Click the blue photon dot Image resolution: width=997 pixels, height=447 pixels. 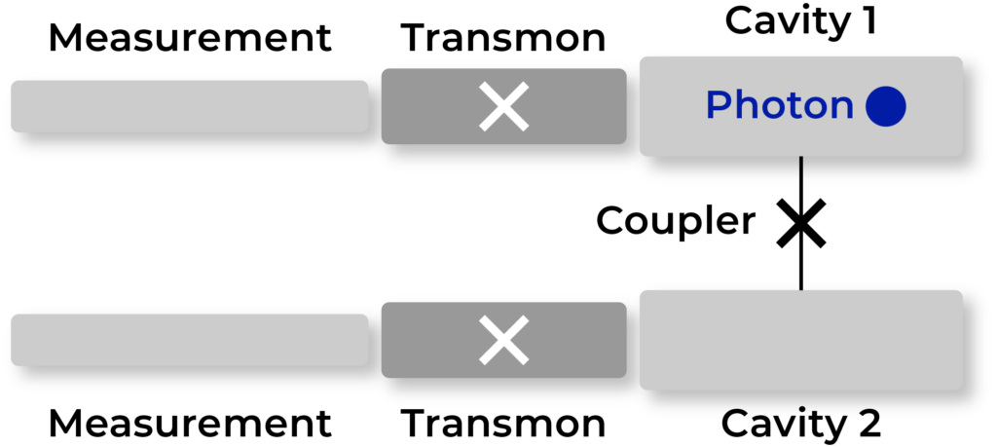tap(886, 106)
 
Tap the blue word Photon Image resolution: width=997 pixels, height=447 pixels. tap(780, 105)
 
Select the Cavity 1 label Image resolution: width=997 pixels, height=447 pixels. tap(801, 21)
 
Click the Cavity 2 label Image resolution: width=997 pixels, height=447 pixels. tap(801, 424)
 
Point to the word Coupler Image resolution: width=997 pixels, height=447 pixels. tap(676, 222)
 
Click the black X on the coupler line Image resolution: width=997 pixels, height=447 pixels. tap(801, 223)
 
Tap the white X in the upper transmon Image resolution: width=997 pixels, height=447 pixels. tap(503, 106)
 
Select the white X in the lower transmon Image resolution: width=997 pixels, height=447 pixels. tap(503, 340)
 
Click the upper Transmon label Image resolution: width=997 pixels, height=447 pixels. tap(503, 38)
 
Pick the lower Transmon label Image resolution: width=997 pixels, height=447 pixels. tap(503, 424)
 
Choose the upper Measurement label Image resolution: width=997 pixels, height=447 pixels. tap(190, 38)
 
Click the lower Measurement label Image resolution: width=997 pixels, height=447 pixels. tap(190, 424)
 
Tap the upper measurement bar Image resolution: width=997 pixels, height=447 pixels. tap(190, 106)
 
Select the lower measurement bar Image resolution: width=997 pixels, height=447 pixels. tap(190, 340)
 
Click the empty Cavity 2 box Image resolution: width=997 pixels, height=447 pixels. tap(801, 340)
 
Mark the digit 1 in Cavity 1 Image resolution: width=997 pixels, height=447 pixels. tap(868, 21)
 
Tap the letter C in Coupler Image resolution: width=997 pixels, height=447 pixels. tap(610, 221)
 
